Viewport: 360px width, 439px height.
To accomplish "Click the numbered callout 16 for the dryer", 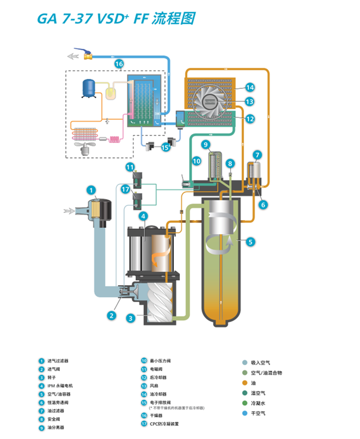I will click(x=118, y=64).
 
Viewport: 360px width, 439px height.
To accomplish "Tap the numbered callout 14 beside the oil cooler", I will click(x=250, y=87).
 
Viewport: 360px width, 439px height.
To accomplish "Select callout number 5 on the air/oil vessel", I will click(x=251, y=242).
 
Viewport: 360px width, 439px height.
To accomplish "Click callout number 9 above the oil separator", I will click(x=206, y=145).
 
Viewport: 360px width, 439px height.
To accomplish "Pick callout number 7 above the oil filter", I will click(x=257, y=155).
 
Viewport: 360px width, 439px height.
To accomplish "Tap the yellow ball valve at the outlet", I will click(x=87, y=56).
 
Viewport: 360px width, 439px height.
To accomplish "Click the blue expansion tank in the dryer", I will click(x=90, y=88).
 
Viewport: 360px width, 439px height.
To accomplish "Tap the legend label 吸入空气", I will click(x=260, y=362).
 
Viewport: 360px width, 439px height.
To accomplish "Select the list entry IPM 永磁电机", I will click(x=60, y=386).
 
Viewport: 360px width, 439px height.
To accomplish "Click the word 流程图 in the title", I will click(x=173, y=19).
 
